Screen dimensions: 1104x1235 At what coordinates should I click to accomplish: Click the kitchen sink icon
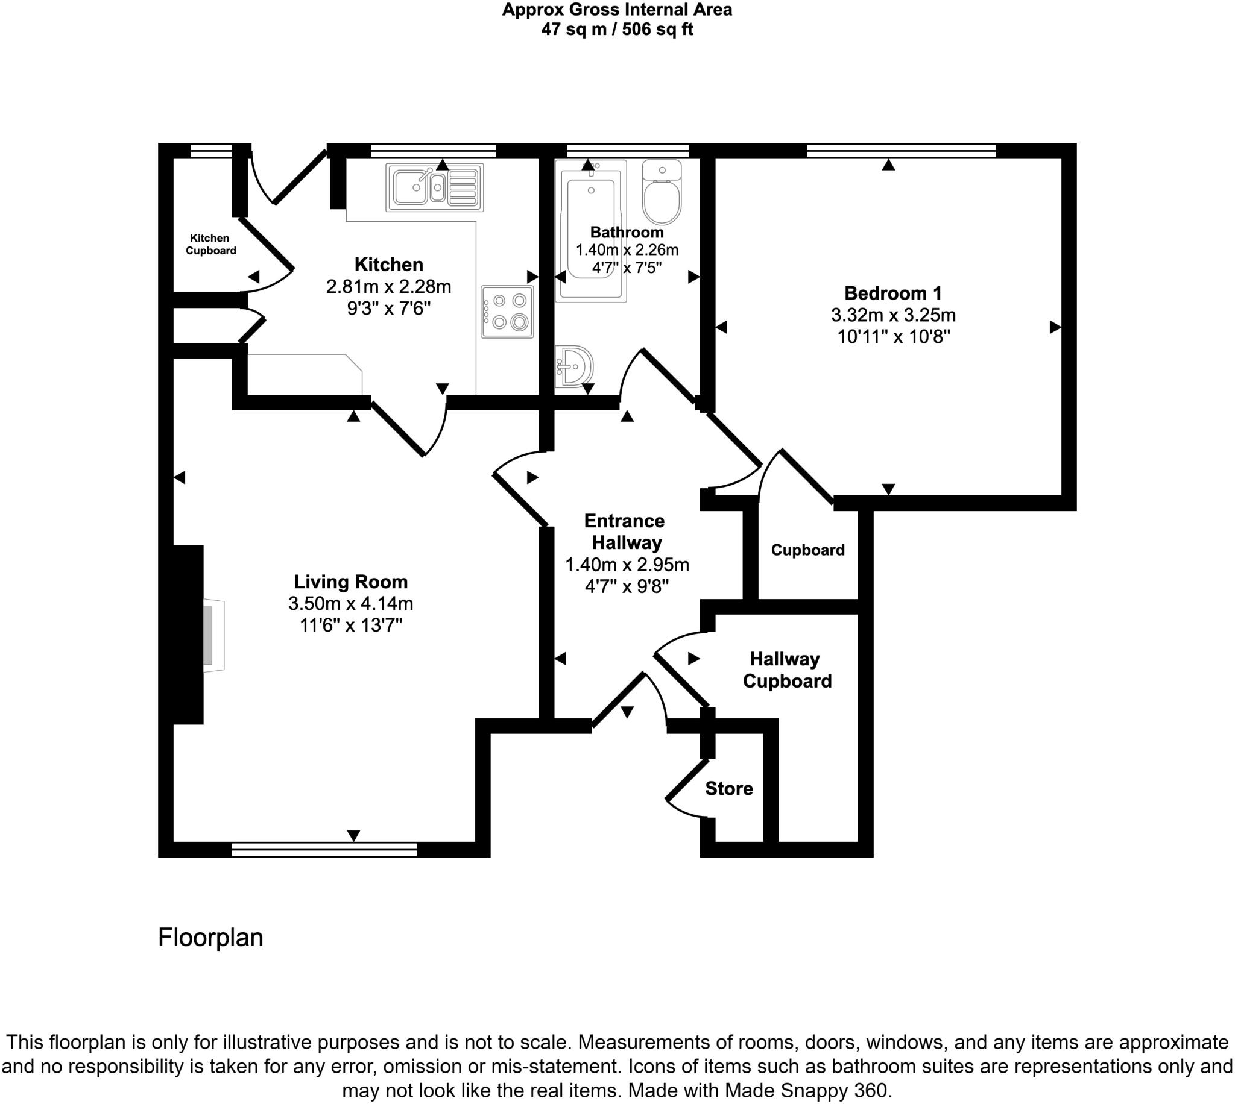click(435, 187)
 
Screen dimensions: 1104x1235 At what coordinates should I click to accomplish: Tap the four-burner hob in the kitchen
click(507, 311)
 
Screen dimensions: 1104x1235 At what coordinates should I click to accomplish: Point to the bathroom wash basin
click(573, 366)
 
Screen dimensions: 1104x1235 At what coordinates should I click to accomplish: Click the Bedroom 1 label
click(892, 293)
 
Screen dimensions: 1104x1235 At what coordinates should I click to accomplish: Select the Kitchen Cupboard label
click(210, 245)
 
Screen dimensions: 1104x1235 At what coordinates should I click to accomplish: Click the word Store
click(729, 789)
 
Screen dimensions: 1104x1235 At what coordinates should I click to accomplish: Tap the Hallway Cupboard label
click(786, 670)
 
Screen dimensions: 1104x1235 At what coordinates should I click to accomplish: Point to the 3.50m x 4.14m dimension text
click(351, 604)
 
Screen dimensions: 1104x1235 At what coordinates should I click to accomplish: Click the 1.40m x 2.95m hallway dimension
click(627, 565)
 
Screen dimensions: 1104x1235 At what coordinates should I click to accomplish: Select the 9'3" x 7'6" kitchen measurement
click(388, 308)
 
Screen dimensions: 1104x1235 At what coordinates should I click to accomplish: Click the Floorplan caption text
click(210, 937)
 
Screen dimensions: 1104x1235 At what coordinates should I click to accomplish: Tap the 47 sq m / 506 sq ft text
click(616, 29)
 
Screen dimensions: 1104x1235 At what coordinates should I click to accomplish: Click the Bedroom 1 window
click(900, 151)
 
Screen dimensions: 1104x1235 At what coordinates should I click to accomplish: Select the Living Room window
click(324, 849)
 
